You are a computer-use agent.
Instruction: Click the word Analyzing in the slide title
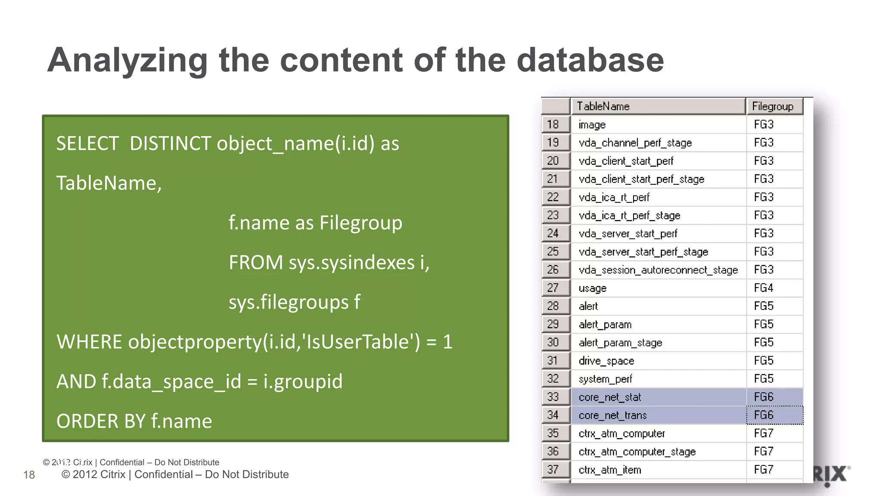click(127, 60)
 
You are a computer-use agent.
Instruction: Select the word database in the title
click(590, 60)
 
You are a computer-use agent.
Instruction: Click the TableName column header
click(603, 106)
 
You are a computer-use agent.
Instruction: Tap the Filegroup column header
click(773, 106)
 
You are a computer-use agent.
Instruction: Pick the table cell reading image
click(592, 125)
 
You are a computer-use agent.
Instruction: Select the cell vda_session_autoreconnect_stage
click(658, 270)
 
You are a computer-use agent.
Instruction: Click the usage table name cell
click(593, 288)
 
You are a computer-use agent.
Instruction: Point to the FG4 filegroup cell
click(764, 288)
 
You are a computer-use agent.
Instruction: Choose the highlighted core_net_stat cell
click(610, 397)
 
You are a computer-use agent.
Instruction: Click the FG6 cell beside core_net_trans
click(764, 415)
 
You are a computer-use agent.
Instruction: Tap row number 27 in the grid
click(553, 288)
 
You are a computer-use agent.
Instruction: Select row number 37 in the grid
click(553, 469)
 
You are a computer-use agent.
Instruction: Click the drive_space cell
click(606, 361)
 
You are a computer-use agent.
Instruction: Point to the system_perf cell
click(605, 379)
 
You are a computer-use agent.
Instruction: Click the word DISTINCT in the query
click(170, 143)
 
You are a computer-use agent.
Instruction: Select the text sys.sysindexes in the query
click(351, 263)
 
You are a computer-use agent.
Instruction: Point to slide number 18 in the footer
click(29, 474)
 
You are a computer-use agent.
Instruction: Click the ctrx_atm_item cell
click(610, 470)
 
